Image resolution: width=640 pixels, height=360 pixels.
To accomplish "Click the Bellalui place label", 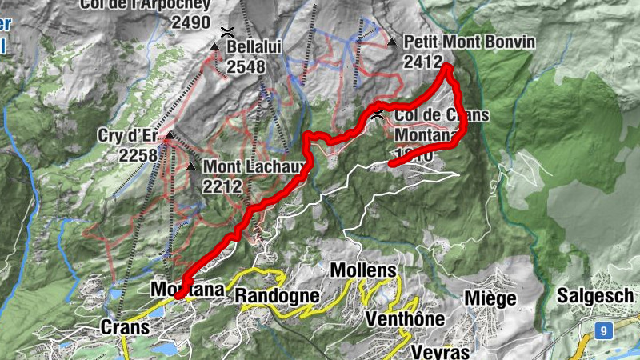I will (x=254, y=48).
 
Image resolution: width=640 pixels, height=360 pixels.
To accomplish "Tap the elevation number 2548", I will (x=246, y=67).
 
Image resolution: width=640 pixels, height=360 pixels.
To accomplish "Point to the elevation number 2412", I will (x=424, y=61).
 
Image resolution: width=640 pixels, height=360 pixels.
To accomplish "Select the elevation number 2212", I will (x=222, y=186).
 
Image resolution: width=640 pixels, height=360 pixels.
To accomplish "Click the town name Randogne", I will (x=277, y=297).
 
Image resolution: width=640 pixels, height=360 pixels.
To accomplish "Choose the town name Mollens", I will (x=362, y=270).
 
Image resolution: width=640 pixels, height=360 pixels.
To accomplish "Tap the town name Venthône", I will (x=404, y=318).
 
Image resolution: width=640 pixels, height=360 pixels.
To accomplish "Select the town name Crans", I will (x=126, y=327).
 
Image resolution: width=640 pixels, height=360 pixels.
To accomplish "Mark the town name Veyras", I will (x=438, y=351).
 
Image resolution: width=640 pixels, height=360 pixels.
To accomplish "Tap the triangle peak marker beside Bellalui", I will (x=214, y=48).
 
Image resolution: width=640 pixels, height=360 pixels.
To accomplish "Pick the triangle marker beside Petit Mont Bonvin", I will (x=393, y=41).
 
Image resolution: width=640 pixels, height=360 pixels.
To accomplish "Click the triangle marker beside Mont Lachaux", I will (x=190, y=167).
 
